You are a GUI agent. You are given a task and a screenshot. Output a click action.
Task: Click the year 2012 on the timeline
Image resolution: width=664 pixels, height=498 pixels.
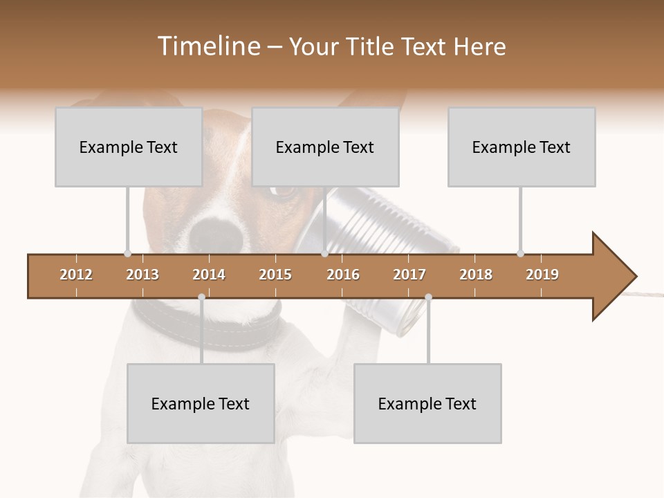click(x=76, y=275)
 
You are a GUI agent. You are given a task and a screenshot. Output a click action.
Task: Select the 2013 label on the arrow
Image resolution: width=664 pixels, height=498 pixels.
click(x=142, y=275)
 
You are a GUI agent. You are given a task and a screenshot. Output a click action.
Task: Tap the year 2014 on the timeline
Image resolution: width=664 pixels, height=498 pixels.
click(x=209, y=275)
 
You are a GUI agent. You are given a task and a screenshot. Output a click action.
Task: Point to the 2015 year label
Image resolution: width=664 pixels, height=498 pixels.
click(x=275, y=275)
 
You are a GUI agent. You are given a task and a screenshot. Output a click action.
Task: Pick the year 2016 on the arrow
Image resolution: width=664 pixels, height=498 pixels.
click(x=343, y=275)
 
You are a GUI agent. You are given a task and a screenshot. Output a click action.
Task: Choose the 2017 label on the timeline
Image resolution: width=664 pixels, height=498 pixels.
click(x=409, y=275)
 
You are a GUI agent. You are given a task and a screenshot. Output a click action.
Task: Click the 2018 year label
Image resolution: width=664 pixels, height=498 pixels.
click(x=476, y=275)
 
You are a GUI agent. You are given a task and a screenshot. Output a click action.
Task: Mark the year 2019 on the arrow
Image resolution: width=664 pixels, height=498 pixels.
click(x=542, y=275)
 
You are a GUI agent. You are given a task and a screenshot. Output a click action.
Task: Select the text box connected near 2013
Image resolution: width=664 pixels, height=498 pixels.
click(x=129, y=147)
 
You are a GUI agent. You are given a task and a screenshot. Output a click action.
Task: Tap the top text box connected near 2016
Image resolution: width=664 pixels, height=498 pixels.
click(x=325, y=147)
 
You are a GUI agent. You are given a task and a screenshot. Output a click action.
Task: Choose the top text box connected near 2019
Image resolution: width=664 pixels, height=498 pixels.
click(x=522, y=147)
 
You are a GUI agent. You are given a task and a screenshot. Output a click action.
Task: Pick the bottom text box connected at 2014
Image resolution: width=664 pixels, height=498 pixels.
click(x=201, y=404)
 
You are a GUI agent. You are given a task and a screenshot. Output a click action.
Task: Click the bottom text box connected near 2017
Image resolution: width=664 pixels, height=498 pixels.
click(x=427, y=404)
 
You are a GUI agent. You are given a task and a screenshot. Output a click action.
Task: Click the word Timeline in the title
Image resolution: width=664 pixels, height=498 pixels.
click(x=207, y=46)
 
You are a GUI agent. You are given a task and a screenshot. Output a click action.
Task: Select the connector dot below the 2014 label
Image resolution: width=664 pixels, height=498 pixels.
click(x=201, y=297)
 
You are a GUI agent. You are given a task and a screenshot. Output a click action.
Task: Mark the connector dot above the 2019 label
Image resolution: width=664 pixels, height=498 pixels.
click(x=520, y=253)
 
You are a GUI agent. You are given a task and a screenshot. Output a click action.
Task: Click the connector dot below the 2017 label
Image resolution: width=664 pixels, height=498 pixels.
click(x=428, y=297)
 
